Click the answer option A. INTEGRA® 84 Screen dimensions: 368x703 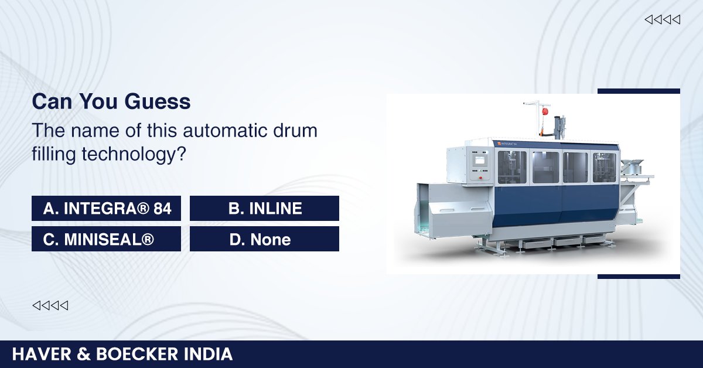[106, 209]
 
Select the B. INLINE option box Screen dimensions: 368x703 [265, 209]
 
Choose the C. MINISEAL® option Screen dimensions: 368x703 [106, 239]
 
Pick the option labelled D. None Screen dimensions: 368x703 [265, 239]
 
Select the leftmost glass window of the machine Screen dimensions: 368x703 [511, 167]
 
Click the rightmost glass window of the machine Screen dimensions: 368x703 [605, 168]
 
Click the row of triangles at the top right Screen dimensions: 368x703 [662, 20]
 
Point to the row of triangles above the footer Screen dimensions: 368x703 [50, 305]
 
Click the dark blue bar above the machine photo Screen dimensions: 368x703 [639, 91]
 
